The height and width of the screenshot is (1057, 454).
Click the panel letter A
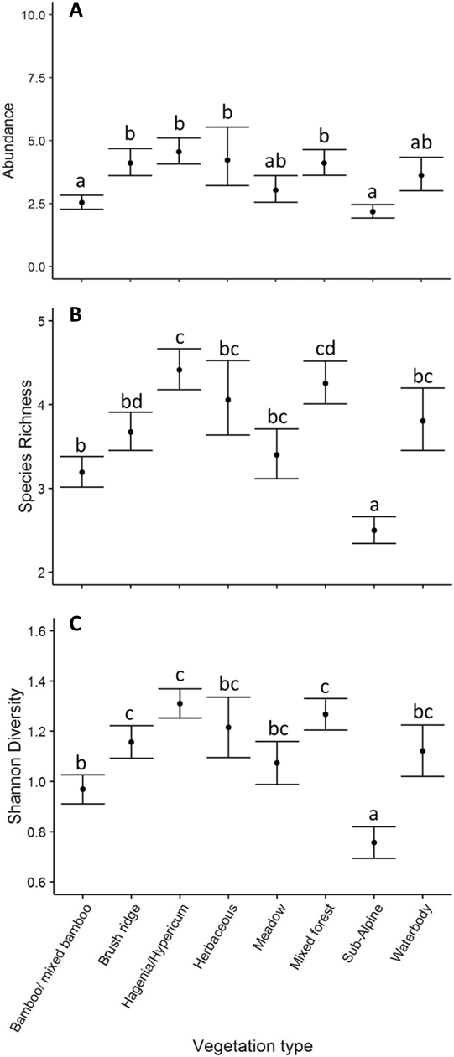[75, 13]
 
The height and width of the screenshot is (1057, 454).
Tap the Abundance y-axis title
[13, 140]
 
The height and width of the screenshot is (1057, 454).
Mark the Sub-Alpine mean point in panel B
[374, 531]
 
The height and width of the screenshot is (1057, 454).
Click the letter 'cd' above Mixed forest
[325, 347]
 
